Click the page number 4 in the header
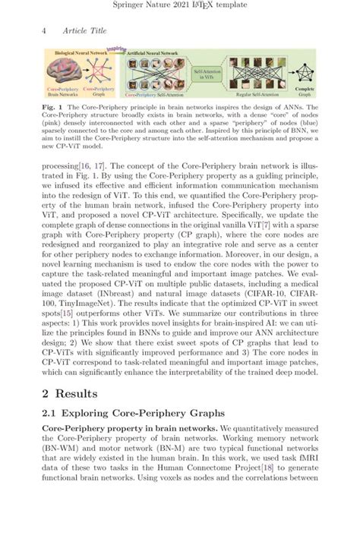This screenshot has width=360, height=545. click(45, 30)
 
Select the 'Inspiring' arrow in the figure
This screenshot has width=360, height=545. click(115, 50)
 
